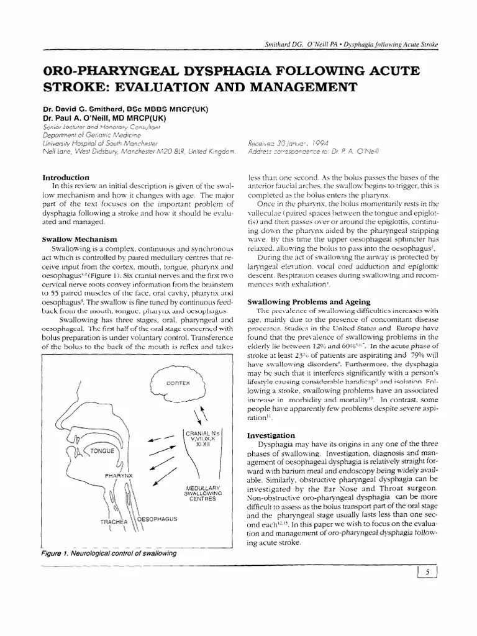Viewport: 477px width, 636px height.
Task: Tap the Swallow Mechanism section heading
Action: click(x=80, y=238)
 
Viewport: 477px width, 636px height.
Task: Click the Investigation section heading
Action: click(x=271, y=435)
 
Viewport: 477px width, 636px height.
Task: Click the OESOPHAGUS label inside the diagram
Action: click(x=157, y=518)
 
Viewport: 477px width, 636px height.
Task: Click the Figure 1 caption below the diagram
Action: click(x=107, y=553)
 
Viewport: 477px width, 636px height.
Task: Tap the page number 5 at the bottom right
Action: click(x=428, y=573)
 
